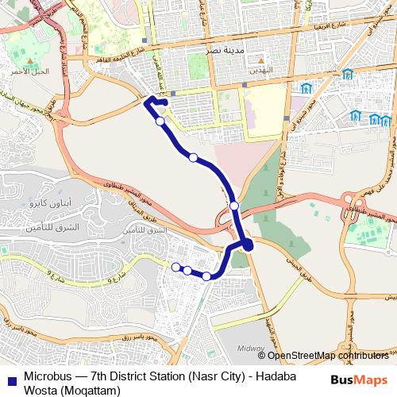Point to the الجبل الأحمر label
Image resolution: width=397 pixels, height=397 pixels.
29,71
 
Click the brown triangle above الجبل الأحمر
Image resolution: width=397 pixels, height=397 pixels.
29,60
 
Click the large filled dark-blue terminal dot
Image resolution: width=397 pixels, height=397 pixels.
248,245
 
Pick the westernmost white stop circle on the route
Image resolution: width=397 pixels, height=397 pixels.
175,268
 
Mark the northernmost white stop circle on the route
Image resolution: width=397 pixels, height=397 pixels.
160,121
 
